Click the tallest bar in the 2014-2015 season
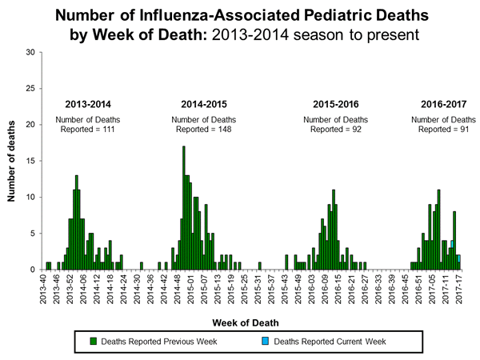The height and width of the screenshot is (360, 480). [184, 208]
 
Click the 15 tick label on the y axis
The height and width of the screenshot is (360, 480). [33, 161]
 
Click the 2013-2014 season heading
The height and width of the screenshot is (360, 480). [89, 104]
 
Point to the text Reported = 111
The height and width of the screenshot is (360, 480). [89, 130]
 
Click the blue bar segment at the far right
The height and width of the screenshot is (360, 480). [458, 258]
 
